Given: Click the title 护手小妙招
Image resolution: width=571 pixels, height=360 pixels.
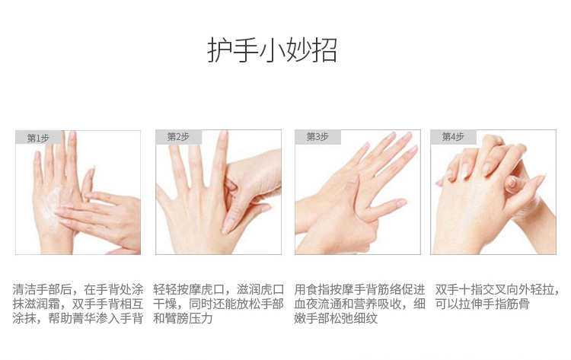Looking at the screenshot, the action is click(x=272, y=50).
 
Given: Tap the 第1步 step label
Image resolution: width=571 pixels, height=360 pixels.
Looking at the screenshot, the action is click(x=38, y=139).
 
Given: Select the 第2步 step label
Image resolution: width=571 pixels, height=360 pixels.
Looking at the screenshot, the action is click(x=178, y=137).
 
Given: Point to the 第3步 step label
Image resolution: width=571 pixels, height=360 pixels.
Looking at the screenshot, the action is click(x=317, y=137).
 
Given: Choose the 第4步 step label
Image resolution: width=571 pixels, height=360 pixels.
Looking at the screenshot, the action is click(x=453, y=137).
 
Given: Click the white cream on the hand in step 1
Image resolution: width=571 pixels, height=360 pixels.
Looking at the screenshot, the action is click(x=52, y=203).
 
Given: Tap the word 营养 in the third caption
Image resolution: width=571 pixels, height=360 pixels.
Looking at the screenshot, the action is click(x=365, y=304).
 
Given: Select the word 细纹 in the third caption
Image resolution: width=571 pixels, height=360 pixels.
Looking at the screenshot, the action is click(x=365, y=318).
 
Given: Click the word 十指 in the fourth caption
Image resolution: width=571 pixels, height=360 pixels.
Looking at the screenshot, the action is click(x=471, y=290).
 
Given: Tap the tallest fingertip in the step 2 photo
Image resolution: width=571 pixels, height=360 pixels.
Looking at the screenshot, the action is click(x=222, y=135).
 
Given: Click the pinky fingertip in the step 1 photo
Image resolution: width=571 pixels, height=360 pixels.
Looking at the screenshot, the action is click(x=37, y=155).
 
